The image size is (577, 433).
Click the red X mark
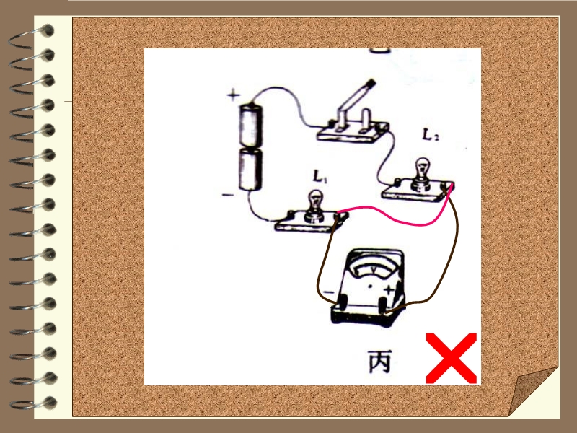coord(452,358)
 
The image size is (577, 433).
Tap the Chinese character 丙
coord(380,362)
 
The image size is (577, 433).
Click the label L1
coord(320,176)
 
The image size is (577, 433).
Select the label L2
coord(430,135)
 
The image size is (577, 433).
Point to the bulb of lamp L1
coord(315,200)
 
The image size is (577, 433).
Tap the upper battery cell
coord(250,125)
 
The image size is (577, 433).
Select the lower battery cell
coord(250,170)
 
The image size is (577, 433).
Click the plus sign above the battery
coord(233,95)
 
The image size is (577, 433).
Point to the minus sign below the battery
coord(228,194)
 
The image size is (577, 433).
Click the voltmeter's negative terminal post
coord(342,302)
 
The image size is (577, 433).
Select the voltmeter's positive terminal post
coord(383,305)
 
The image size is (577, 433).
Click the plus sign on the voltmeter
coord(388,291)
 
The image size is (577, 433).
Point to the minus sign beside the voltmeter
coord(328,292)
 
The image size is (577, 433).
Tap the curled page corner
coord(534,391)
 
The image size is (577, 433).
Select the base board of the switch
coord(353,132)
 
